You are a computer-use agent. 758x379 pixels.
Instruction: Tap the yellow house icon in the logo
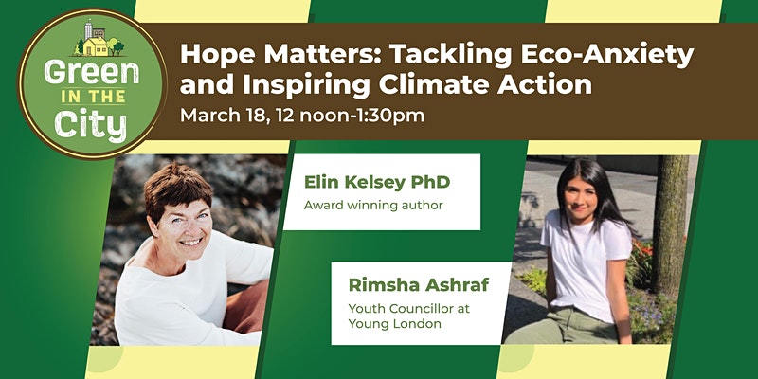click(96, 46)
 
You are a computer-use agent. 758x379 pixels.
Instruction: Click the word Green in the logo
click(92, 73)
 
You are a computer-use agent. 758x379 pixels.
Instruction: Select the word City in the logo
click(91, 125)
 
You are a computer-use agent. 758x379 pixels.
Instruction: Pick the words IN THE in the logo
click(93, 98)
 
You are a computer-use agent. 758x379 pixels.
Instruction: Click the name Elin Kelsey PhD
click(377, 182)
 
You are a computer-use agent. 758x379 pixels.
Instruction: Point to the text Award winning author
click(373, 206)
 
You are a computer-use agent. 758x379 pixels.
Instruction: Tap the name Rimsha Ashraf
click(419, 285)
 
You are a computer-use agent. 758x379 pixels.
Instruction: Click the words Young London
click(395, 324)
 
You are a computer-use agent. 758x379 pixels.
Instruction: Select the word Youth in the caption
click(365, 309)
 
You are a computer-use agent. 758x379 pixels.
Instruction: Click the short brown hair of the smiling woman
click(178, 189)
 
